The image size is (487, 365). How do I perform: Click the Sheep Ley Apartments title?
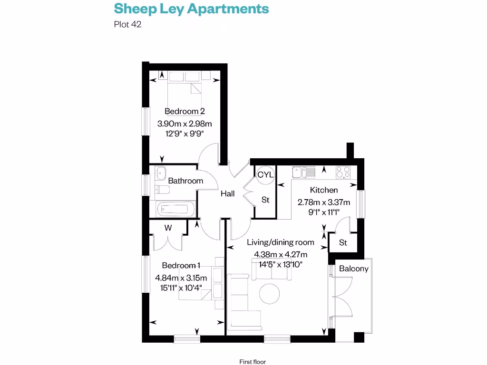pos(191,9)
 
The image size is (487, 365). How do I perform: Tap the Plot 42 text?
pos(127,24)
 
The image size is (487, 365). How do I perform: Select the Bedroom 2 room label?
pos(185,111)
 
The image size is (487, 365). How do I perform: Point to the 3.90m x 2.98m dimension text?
pos(185,124)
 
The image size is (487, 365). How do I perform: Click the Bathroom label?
pos(185,181)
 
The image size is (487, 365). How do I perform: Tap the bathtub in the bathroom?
pos(175,208)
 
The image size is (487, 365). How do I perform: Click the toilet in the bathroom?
pos(162,190)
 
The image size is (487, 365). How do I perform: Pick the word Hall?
pos(227,194)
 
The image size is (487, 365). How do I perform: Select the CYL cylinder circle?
pos(265,174)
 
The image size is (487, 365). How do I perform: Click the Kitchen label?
pos(324,190)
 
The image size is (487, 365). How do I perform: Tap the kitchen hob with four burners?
pos(343,172)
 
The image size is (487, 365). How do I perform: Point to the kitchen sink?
pos(303,172)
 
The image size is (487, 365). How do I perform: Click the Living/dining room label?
pos(281,242)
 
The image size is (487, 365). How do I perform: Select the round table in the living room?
pos(270,294)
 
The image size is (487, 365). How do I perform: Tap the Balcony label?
pos(353,269)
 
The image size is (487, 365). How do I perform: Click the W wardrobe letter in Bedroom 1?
pos(168,228)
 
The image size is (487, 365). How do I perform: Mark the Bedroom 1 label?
pos(181,265)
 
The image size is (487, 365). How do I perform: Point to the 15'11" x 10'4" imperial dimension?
pos(181,287)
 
